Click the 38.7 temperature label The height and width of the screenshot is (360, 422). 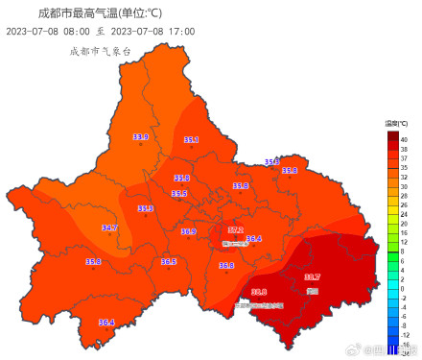(312, 277)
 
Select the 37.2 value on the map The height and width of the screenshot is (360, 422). (235, 229)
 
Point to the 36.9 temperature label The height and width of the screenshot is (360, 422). (188, 231)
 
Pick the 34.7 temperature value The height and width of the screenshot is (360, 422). (109, 228)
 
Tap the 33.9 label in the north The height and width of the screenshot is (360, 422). (140, 137)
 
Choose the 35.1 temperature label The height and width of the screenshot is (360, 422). (191, 140)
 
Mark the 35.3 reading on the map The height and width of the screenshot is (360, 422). (146, 207)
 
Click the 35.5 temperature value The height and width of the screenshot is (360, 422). (179, 193)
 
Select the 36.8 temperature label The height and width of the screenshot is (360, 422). (226, 265)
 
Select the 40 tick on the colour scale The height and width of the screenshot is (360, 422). (404, 140)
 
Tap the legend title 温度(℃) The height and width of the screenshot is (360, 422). (397, 124)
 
